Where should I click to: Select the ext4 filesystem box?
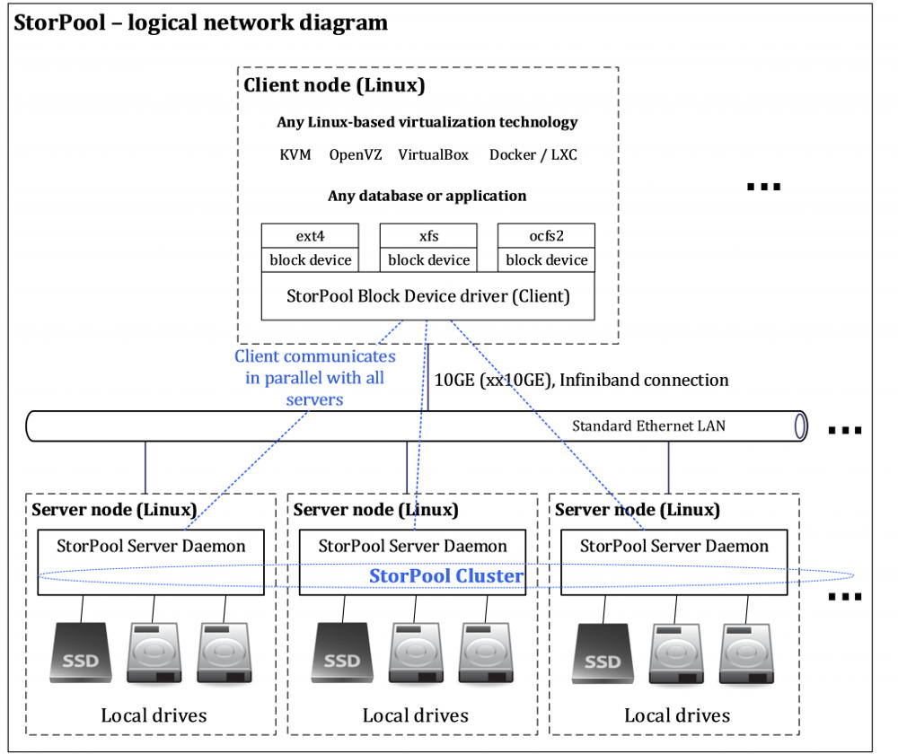[310, 236]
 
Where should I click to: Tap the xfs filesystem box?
[428, 236]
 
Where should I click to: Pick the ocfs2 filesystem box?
[546, 236]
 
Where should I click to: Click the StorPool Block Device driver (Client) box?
[427, 295]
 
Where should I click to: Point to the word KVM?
[295, 154]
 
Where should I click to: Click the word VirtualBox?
[433, 154]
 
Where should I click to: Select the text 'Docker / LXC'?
[533, 154]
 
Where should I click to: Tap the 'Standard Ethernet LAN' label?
[648, 425]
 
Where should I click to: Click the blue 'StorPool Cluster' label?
[446, 575]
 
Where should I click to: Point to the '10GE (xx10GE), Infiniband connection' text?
[581, 380]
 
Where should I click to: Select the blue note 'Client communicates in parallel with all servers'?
[314, 378]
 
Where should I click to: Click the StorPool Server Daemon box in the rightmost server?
[673, 547]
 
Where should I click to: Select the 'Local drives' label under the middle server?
[415, 715]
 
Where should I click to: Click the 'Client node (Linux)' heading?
[334, 86]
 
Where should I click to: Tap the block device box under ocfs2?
[546, 259]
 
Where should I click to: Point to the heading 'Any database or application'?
[427, 195]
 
